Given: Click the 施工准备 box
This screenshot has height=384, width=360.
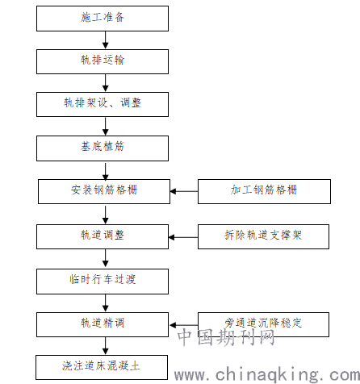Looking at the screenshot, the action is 103,19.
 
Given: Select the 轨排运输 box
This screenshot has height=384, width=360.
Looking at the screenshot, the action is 103,61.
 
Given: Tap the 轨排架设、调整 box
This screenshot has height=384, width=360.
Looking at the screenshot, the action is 103,104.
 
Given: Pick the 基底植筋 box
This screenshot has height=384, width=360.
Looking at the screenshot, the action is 103,148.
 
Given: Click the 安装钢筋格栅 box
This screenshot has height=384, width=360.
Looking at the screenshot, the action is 104,191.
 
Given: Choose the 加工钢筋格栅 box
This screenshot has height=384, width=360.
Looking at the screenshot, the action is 264,191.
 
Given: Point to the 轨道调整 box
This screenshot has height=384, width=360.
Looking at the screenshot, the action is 103,236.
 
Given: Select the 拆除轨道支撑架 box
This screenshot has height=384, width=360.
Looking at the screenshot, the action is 263,236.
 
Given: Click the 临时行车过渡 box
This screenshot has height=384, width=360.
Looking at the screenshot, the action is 103,282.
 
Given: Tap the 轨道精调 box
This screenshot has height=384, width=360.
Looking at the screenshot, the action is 103,324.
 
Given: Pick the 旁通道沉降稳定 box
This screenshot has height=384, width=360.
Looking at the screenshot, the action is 263,324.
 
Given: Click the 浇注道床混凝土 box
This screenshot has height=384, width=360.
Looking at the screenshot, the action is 102,367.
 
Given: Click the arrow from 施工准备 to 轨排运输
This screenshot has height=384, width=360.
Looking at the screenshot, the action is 106,40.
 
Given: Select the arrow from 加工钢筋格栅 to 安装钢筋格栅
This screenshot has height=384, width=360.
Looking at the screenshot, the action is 184,191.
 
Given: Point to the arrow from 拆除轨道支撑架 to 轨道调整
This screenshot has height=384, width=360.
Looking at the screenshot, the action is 183,237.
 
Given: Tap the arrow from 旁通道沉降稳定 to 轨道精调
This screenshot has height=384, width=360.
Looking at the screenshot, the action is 184,325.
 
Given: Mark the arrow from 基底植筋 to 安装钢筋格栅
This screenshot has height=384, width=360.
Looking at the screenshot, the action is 106,171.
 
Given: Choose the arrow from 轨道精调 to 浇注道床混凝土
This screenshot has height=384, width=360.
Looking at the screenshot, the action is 106,346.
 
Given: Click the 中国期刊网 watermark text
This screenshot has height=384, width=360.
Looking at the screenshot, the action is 226,337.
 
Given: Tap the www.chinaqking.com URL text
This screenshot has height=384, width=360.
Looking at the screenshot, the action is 267,374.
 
